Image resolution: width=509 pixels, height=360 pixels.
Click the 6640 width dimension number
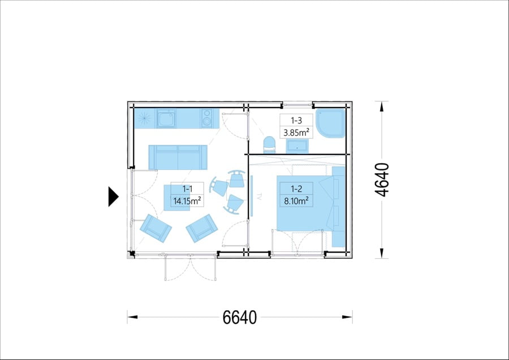pos(240,317)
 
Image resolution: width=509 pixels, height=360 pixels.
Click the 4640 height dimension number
pos(382,179)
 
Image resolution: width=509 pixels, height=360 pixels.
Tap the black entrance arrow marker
pos(113,197)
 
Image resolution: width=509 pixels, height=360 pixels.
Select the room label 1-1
pos(187,188)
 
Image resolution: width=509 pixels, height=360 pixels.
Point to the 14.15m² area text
pos(187,201)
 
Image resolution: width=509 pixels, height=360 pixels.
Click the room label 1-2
pos(296,188)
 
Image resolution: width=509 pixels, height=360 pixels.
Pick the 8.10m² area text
pos(296,201)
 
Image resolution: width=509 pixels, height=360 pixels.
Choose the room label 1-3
pos(296,121)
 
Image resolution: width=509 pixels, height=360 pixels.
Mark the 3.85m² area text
pos(296,132)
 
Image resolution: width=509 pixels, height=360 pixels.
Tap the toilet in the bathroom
pos(269,145)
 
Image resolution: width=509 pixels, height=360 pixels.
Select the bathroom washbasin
pos(297,146)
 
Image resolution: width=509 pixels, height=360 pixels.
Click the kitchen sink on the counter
pos(166,118)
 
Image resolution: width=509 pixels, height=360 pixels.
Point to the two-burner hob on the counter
pos(207,118)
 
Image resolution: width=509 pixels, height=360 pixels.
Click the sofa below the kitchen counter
pos(178,157)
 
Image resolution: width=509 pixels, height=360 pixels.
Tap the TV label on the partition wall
pos(259,196)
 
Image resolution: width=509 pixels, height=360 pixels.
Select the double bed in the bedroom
pos(310,203)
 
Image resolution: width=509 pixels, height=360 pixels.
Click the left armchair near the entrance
pos(156,228)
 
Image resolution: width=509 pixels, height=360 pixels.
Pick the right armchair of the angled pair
pos(202,228)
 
